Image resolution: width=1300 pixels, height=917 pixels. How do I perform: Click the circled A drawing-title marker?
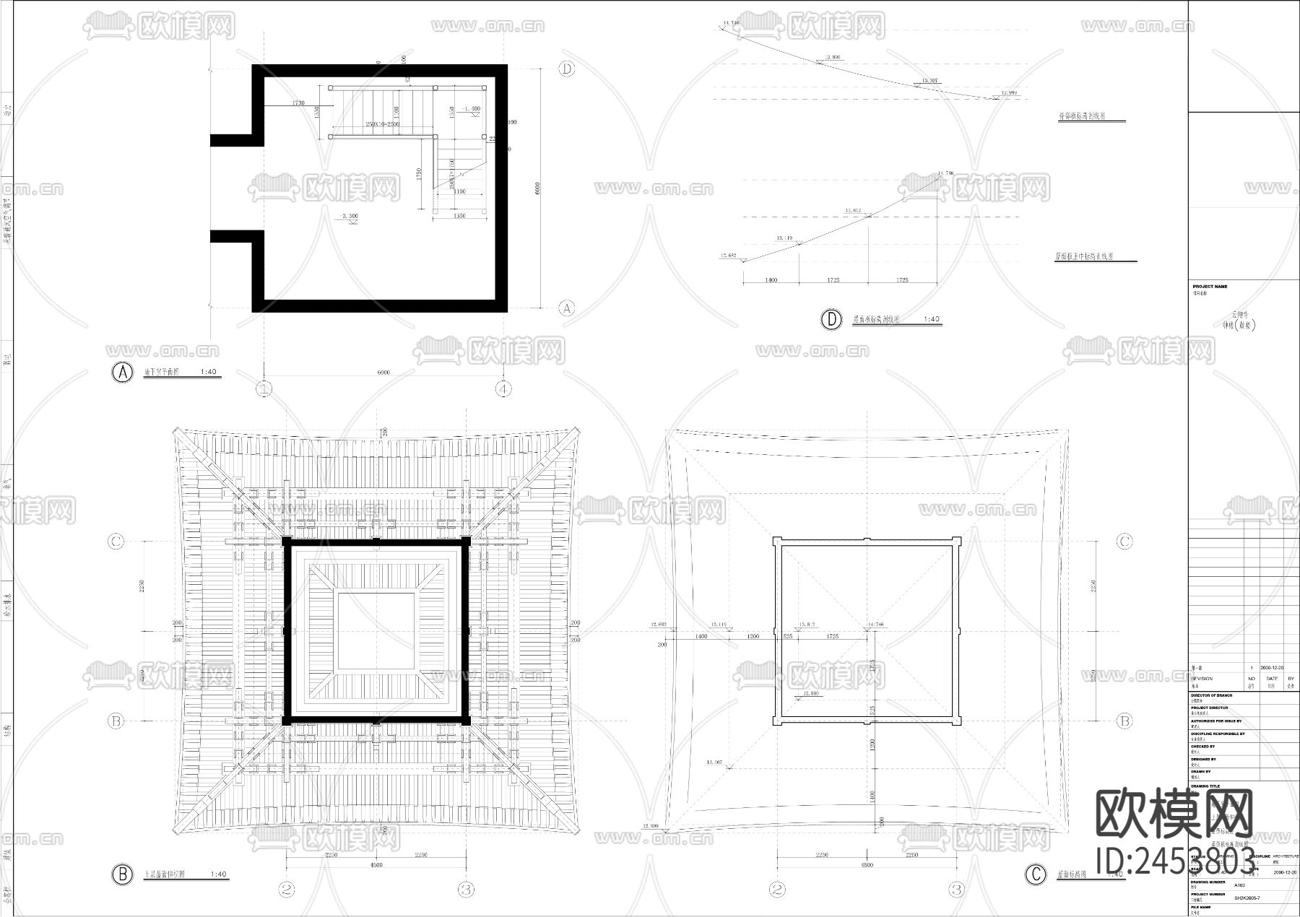tap(122, 373)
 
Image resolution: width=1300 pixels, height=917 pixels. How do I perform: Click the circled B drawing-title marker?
tap(122, 874)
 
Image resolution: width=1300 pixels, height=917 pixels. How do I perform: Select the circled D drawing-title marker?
tap(832, 319)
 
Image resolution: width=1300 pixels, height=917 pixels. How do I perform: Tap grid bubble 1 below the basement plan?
tap(264, 389)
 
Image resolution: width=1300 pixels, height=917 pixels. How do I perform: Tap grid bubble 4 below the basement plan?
tap(503, 389)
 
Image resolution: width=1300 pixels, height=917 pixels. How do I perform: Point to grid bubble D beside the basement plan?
tap(567, 69)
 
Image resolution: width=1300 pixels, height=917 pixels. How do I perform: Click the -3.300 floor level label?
tap(350, 216)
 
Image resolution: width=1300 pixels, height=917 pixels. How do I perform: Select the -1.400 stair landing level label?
tap(472, 109)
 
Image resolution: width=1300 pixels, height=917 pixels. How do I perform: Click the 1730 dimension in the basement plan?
tap(298, 103)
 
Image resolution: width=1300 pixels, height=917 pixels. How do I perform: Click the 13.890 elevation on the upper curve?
tap(832, 57)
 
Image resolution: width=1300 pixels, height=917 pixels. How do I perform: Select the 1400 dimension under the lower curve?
tap(771, 279)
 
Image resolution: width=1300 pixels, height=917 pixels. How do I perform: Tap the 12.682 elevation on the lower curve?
tap(728, 256)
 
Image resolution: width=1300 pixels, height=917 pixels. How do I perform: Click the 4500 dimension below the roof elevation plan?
tap(867, 864)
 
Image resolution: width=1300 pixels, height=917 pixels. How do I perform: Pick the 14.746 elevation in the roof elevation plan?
tap(875, 625)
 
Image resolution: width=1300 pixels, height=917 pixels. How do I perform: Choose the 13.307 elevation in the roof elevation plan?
tap(714, 762)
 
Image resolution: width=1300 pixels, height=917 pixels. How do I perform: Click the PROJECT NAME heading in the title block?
tap(1210, 287)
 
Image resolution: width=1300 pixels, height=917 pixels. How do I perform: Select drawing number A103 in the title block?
tap(1239, 885)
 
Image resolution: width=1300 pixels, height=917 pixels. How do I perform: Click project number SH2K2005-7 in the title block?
tap(1247, 898)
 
